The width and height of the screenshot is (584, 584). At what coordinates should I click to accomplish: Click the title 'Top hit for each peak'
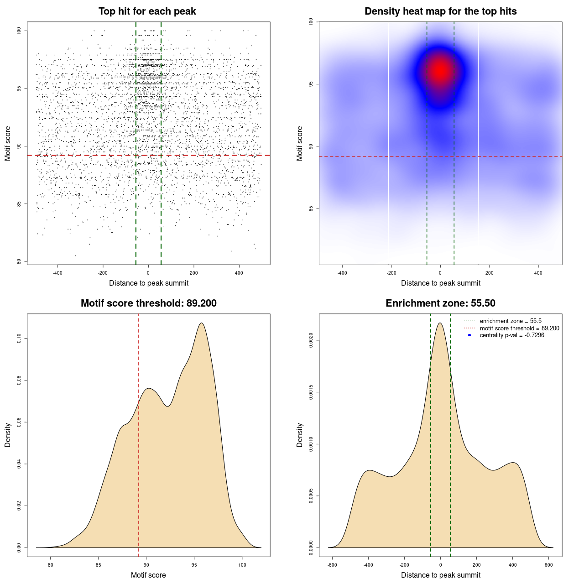click(x=147, y=11)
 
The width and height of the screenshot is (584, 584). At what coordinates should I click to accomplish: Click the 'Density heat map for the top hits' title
click(x=440, y=11)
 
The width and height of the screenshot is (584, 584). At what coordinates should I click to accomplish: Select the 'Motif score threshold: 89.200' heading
click(x=148, y=303)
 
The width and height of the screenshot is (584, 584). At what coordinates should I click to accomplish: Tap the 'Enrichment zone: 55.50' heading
click(x=440, y=303)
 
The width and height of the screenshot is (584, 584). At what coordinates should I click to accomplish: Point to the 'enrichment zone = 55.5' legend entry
click(x=511, y=321)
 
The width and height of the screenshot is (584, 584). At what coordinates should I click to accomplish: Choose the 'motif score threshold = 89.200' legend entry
click(x=519, y=328)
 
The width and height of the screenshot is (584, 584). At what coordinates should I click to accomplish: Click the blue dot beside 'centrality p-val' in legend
click(x=469, y=335)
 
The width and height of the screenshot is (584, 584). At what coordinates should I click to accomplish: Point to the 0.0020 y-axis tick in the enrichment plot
click(x=311, y=340)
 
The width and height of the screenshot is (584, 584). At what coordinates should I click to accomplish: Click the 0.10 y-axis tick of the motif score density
click(x=19, y=339)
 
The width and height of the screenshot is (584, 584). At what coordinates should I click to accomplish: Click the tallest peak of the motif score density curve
click(x=201, y=323)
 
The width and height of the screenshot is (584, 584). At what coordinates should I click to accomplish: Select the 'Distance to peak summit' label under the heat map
click(x=440, y=283)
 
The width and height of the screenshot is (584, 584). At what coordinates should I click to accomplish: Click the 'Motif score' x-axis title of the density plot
click(x=148, y=575)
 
